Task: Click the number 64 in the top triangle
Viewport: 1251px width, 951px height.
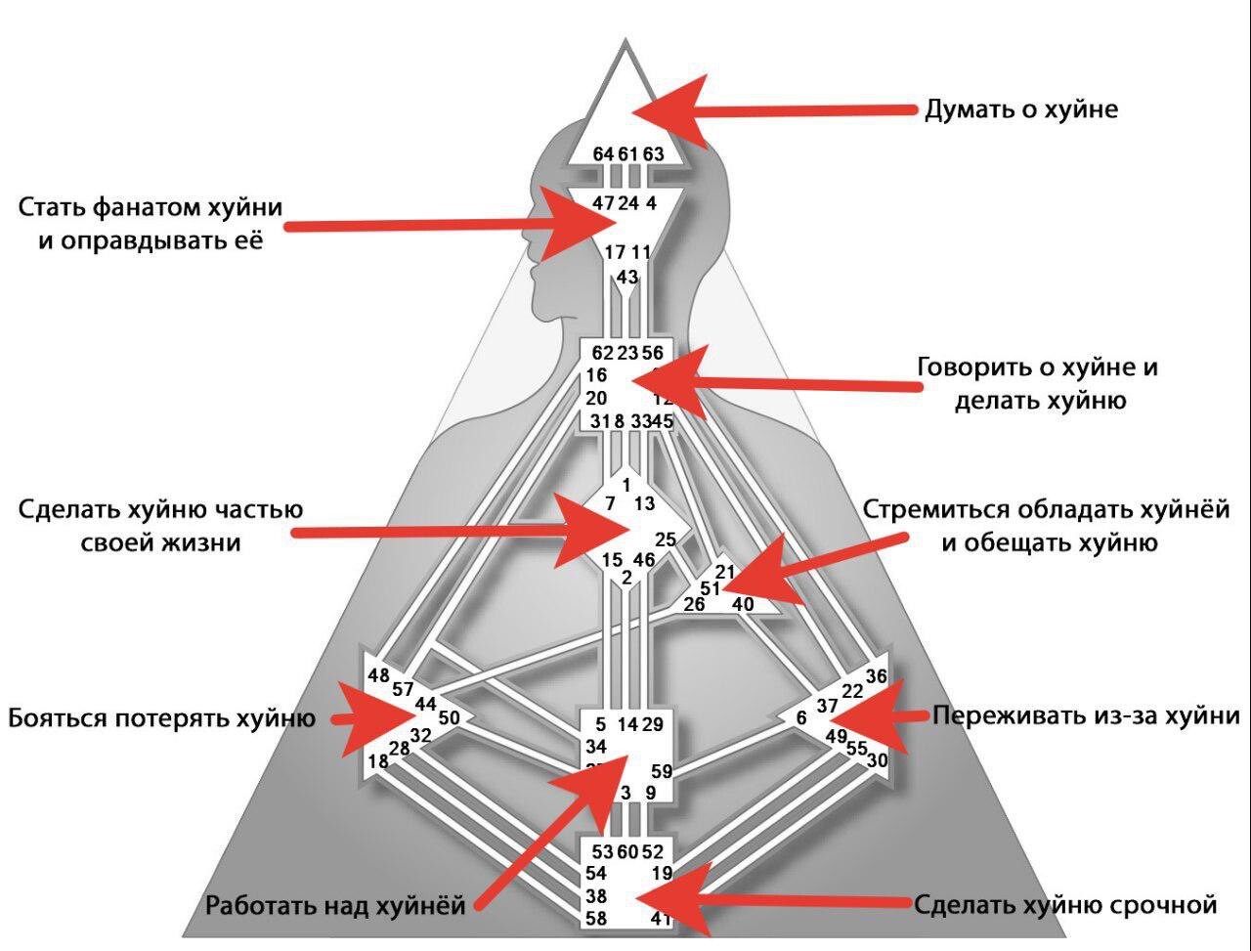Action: pos(603,154)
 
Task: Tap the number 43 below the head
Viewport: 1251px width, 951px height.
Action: pos(627,277)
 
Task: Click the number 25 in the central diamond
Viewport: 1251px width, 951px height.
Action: pos(666,539)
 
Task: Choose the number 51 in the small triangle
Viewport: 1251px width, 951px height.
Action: pos(712,588)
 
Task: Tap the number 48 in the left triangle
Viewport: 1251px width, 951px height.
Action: pos(379,675)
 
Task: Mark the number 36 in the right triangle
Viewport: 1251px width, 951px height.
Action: pos(877,675)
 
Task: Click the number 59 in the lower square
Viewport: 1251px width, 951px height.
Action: pos(661,771)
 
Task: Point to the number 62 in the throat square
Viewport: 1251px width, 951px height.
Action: pos(603,353)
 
